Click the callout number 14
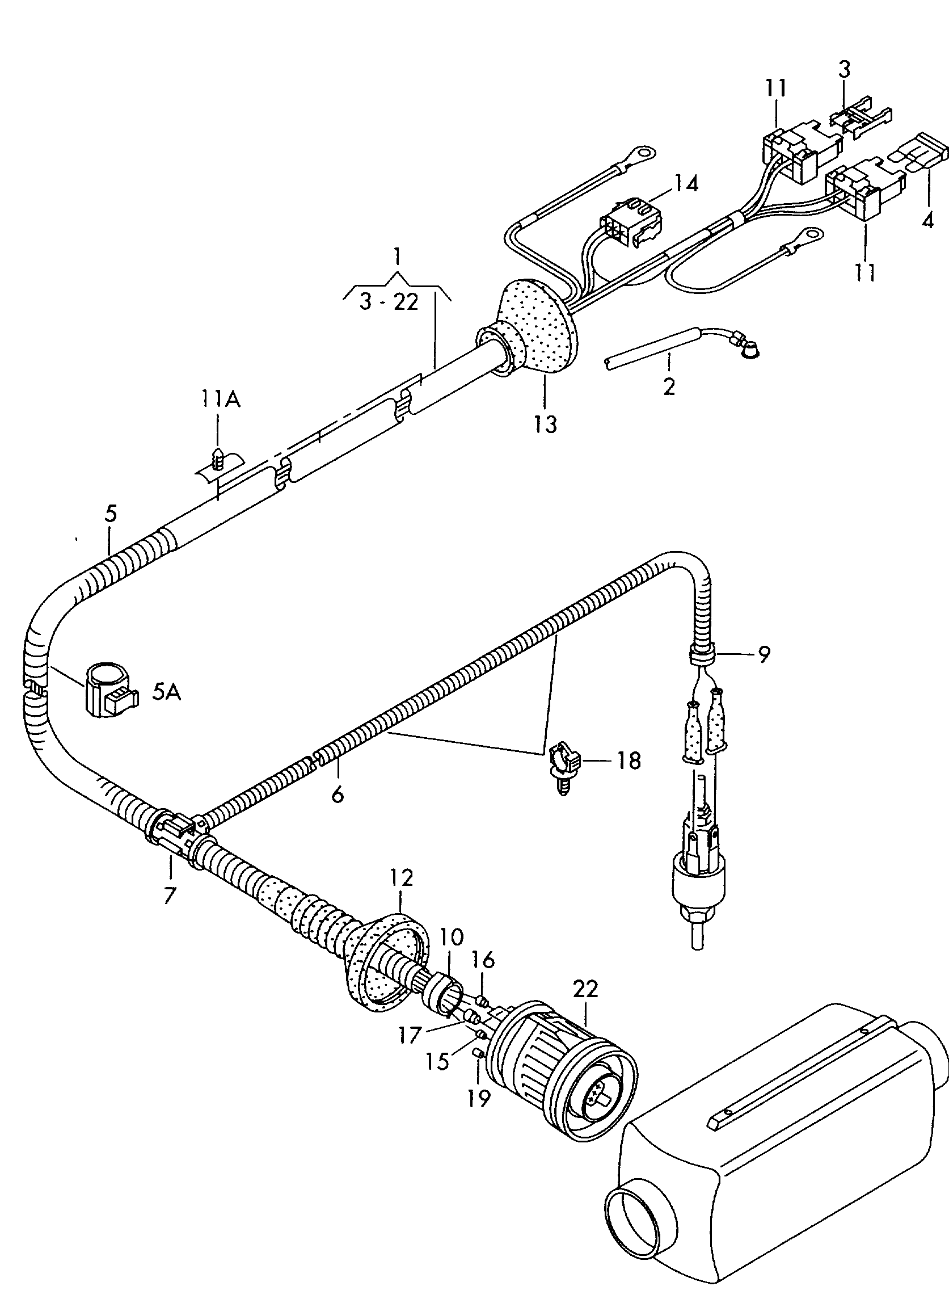click(x=686, y=184)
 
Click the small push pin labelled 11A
click(x=218, y=459)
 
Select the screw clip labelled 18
click(x=563, y=764)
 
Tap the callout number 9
click(x=764, y=655)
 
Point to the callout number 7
click(x=170, y=896)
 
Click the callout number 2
click(x=669, y=386)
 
